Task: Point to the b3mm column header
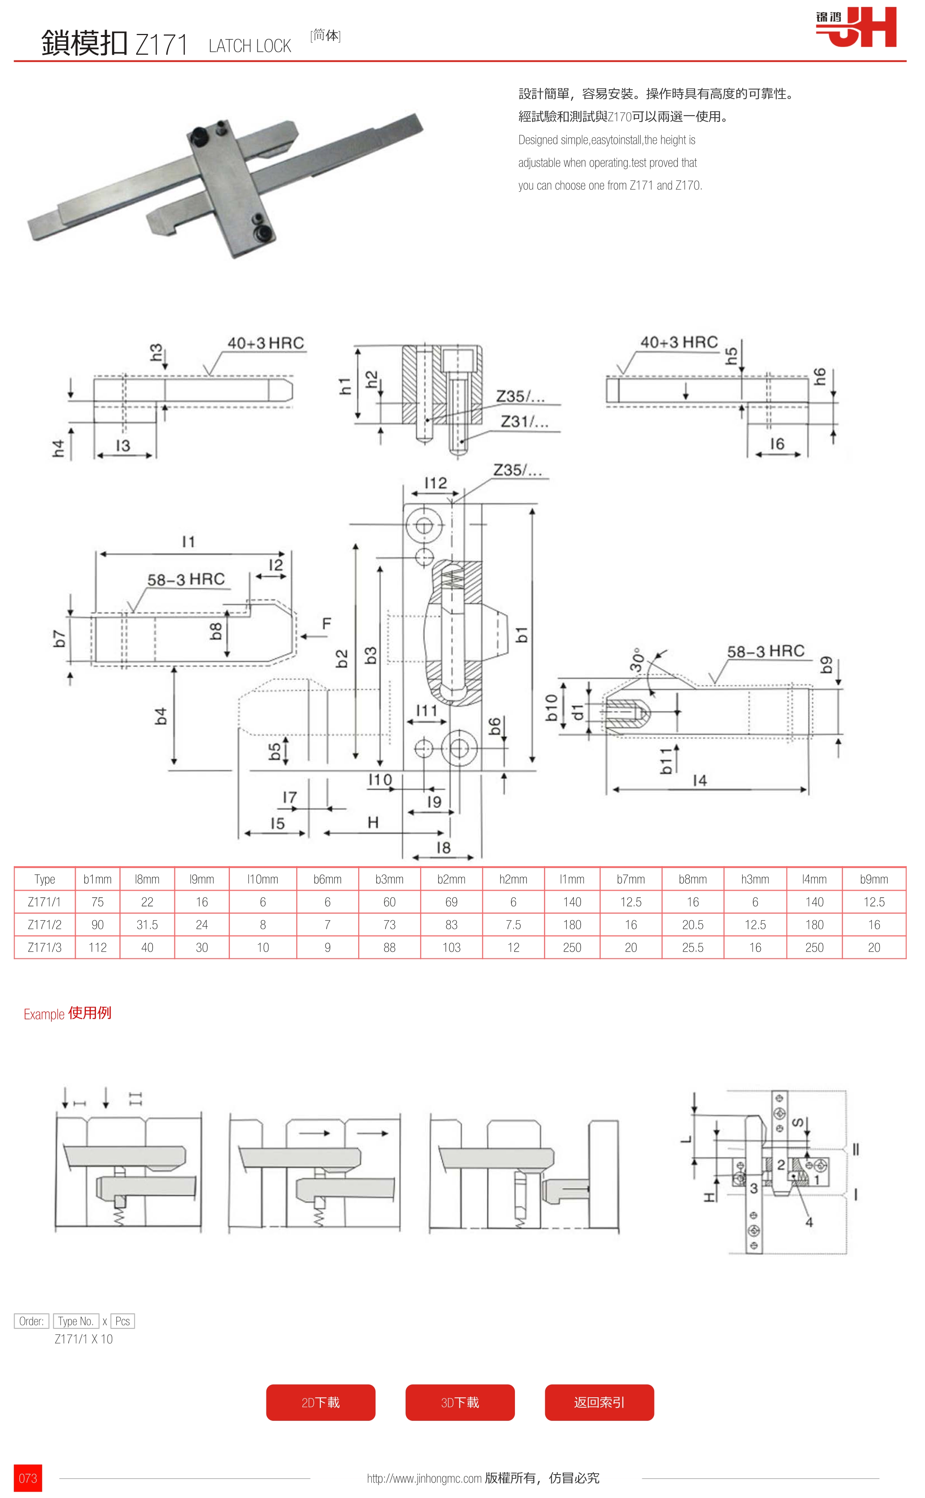[x=389, y=879]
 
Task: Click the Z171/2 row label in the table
[x=45, y=924]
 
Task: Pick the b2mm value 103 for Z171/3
[x=451, y=947]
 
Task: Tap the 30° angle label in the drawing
[x=637, y=660]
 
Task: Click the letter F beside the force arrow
[x=327, y=624]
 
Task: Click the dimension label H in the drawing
[x=373, y=823]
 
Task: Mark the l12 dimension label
[x=435, y=483]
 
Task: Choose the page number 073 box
[x=28, y=1478]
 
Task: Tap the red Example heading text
[x=44, y=1014]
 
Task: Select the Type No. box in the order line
[x=76, y=1321]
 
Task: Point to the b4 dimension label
[x=161, y=716]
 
